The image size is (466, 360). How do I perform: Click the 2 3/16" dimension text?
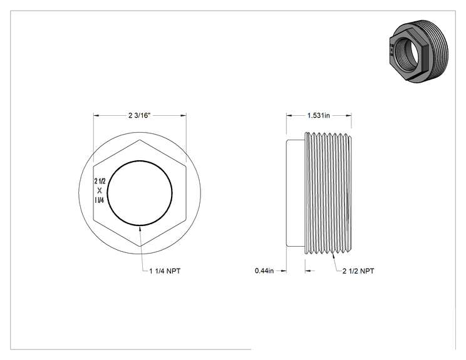(x=140, y=116)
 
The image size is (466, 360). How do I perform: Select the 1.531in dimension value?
(x=319, y=116)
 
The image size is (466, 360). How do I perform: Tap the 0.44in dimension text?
(x=264, y=271)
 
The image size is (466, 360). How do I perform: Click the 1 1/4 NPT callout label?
(x=165, y=271)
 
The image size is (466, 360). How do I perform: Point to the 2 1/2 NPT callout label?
(x=358, y=271)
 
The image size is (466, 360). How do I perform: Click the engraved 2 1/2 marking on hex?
(x=100, y=181)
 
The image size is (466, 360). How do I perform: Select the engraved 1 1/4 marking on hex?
(x=99, y=200)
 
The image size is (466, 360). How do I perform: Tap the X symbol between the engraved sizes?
(x=100, y=191)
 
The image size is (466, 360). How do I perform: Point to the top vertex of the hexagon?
(x=140, y=140)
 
